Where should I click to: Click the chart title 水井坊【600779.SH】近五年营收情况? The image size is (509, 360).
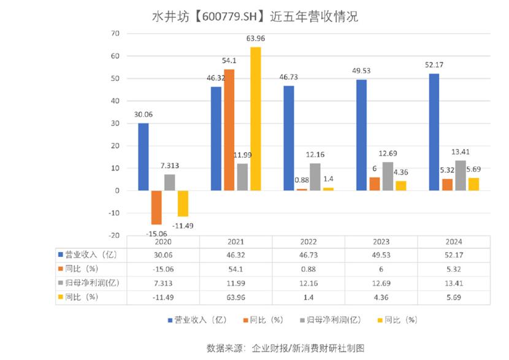point(255,17)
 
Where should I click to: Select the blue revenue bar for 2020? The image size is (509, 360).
point(143,157)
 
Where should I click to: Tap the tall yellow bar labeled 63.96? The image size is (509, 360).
point(255,119)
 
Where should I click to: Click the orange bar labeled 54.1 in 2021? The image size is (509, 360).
point(229,130)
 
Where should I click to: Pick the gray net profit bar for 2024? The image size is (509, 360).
point(461,175)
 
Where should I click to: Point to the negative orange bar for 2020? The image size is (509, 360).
point(156,207)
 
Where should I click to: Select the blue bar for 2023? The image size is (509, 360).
point(362,135)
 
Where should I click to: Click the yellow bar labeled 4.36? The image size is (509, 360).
point(400,185)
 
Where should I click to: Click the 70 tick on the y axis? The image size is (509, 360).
point(114,33)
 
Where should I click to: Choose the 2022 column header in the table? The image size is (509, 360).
point(309,242)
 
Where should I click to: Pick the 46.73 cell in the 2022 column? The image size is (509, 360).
point(309,255)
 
